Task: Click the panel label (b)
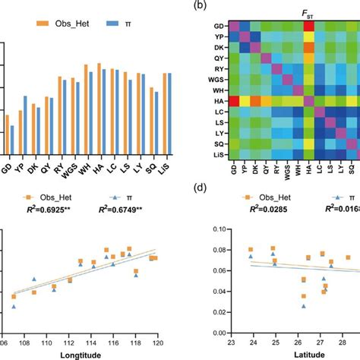201,5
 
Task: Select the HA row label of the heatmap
218,101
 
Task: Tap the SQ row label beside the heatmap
218,144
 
